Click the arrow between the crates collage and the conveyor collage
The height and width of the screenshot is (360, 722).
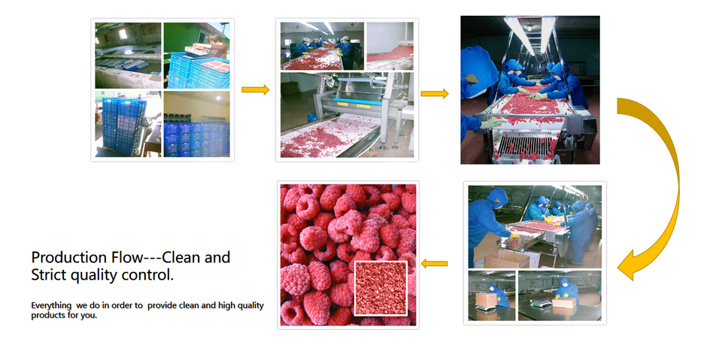(x=255, y=89)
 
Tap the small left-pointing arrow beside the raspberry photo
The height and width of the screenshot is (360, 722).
(x=434, y=264)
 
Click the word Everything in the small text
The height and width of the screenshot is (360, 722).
(x=51, y=305)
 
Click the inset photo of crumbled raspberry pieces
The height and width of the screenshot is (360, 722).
(x=381, y=288)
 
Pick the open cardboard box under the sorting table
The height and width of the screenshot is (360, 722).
(x=506, y=259)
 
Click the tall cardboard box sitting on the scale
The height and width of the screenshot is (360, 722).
(x=487, y=300)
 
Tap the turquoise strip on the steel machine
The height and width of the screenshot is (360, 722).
(x=356, y=101)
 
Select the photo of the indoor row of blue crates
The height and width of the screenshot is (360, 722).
(x=196, y=124)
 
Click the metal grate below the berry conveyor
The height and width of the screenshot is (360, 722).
(x=525, y=145)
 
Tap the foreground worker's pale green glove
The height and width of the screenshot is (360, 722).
(x=491, y=123)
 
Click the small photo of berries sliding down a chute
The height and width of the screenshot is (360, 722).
(x=390, y=46)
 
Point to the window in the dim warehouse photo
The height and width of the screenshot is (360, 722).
(x=123, y=34)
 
